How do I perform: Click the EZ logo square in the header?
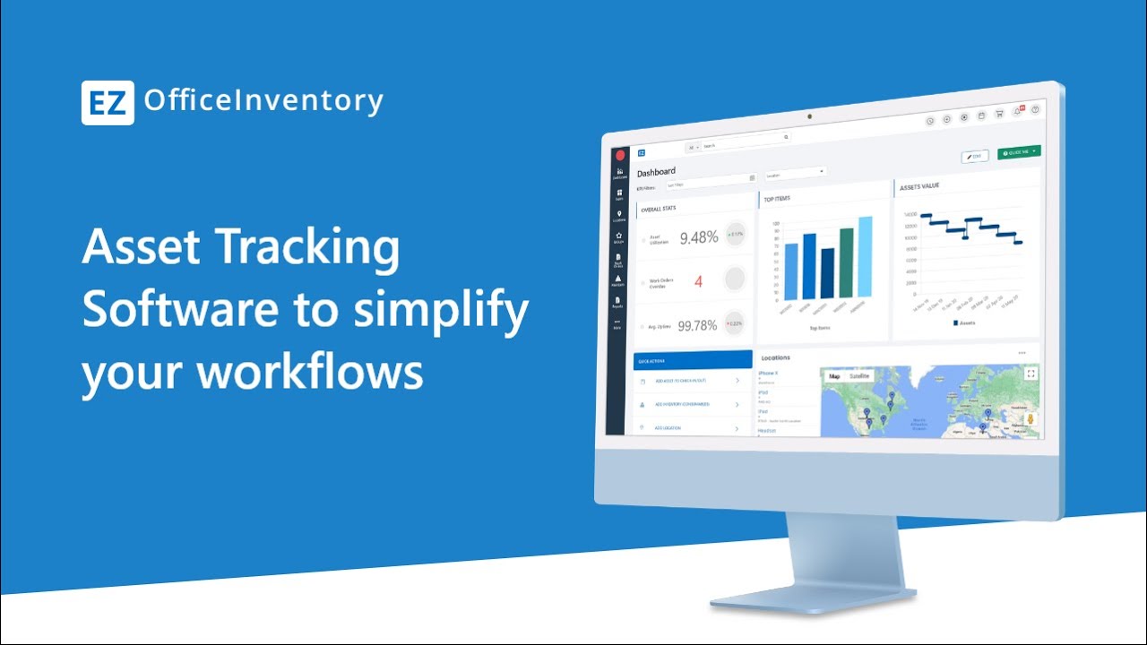108,102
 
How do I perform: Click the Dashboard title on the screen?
656,172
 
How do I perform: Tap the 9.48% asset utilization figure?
699,237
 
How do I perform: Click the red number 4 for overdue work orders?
699,282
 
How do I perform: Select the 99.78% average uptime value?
697,325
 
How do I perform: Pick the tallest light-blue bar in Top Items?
865,256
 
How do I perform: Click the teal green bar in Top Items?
846,262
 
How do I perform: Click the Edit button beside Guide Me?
975,156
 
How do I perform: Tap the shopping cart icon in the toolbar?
1000,114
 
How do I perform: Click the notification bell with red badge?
1018,112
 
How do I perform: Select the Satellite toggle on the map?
859,376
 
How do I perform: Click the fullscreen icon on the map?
1031,374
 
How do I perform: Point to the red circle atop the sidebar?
620,154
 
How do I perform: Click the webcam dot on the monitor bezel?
808,116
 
